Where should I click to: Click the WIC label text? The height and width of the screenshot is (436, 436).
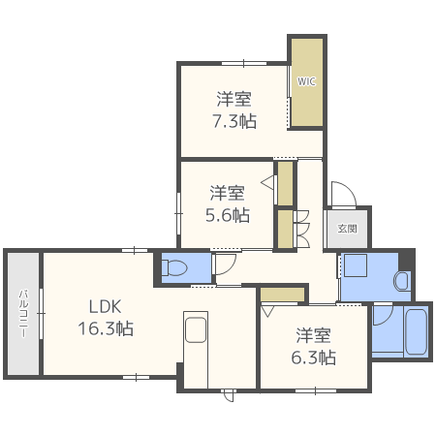pos(306,81)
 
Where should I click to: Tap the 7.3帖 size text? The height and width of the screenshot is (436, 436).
pos(234,121)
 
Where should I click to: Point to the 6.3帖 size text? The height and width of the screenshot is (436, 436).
pos(315,357)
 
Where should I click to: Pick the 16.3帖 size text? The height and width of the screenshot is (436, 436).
pos(105,328)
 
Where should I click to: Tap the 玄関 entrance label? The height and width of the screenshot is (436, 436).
pos(347,229)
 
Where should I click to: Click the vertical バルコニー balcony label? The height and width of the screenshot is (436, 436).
pos(21,313)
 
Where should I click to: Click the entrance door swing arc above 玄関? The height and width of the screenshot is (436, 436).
pos(342,194)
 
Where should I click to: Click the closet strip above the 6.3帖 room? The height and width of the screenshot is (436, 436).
pos(283,295)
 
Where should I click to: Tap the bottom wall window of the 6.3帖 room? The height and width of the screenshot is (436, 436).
pos(313,390)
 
